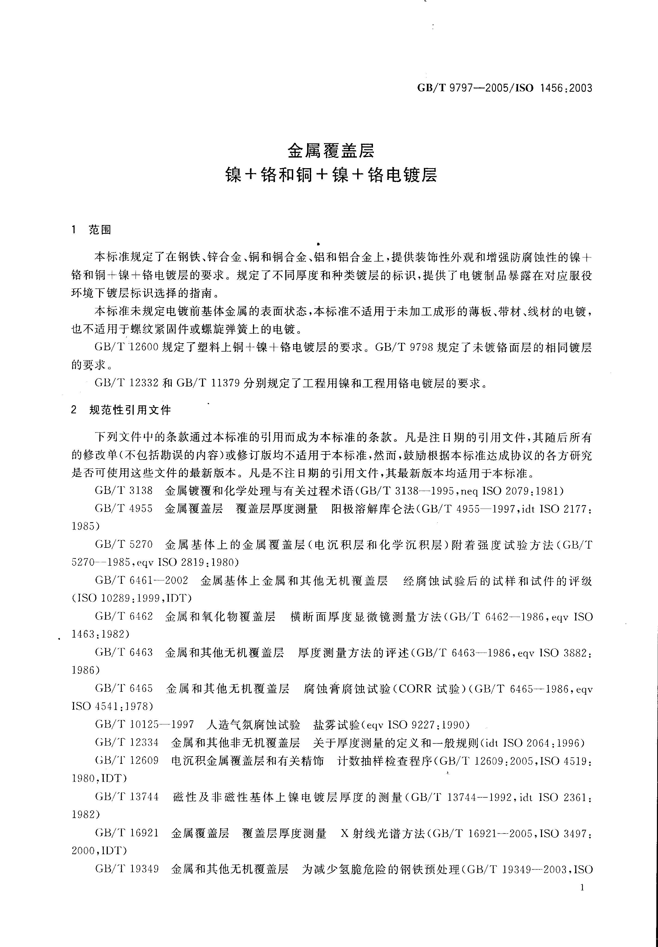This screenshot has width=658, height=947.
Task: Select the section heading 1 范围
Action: (91, 230)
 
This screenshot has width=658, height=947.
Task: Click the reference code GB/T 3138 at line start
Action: (124, 491)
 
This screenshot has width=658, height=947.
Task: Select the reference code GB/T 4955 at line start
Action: (124, 509)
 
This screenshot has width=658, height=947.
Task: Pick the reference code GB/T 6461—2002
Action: (141, 581)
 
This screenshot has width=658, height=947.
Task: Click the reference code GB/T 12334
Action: (127, 743)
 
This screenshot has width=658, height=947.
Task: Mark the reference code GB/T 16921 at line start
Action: (127, 833)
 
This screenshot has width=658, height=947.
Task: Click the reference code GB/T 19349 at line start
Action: (127, 869)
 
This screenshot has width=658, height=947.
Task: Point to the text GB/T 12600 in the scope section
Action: (127, 348)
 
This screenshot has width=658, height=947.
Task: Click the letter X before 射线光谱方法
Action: (345, 833)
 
